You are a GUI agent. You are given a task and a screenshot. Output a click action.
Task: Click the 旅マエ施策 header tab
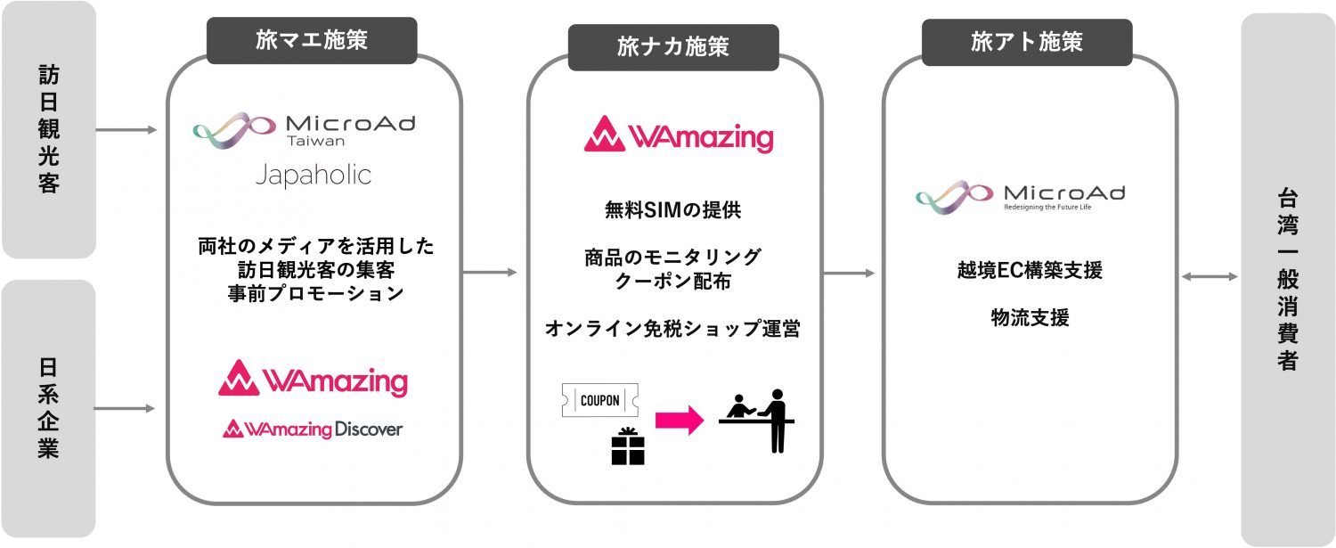(312, 40)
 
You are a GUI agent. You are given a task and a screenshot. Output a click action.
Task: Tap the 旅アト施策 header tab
(1026, 42)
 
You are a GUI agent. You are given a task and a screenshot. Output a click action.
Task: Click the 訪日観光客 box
(48, 130)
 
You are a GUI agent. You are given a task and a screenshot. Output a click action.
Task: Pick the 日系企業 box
(48, 409)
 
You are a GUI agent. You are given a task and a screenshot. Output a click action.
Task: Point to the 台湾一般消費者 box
(1287, 279)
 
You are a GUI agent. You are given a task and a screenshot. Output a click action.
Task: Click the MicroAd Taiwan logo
(304, 130)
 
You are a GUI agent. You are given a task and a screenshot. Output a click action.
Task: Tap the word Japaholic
(313, 175)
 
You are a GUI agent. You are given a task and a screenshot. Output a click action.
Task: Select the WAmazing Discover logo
(313, 429)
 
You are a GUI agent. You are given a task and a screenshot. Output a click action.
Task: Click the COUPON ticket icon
(599, 400)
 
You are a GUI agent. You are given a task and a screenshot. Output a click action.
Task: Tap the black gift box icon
(627, 446)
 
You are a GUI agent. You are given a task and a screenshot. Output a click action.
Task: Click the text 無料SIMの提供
(672, 211)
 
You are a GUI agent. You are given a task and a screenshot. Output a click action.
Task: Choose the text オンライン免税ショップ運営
(672, 329)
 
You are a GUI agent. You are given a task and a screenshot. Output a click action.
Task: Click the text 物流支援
(1030, 317)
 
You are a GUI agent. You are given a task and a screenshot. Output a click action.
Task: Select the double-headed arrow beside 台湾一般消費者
(1209, 277)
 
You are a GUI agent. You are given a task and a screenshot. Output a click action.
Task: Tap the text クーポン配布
(672, 282)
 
